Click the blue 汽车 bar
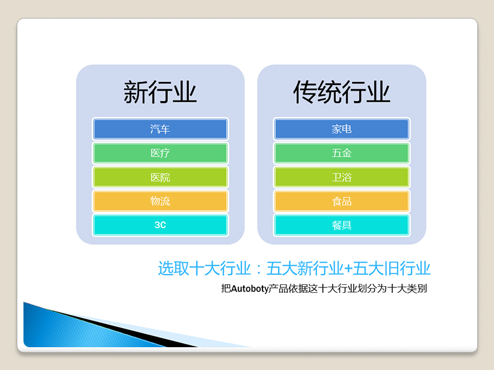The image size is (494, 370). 160,129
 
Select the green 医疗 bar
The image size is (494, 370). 160,153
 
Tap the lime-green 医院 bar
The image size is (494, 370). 160,177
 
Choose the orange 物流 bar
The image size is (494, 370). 160,201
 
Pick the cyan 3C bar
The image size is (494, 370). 160,225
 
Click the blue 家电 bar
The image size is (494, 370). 341,129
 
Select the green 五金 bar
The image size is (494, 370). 341,153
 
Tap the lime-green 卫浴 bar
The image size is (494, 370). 341,177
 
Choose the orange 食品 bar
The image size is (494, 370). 341,201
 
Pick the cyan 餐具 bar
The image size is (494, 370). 341,225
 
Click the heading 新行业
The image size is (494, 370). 160,92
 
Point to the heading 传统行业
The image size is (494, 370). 341,92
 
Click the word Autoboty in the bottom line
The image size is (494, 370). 250,289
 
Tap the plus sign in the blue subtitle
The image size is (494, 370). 348,269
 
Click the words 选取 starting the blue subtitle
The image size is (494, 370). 174,268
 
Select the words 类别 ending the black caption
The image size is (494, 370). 417,288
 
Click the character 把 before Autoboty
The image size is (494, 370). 226,288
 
